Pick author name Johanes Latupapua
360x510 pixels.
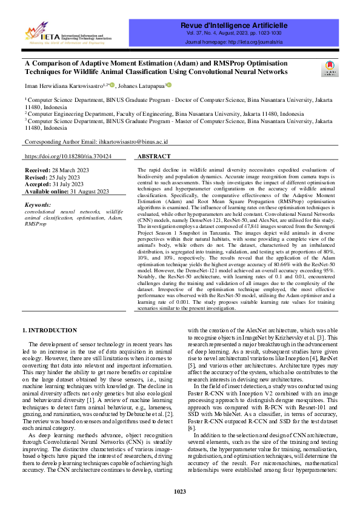pos(143,86)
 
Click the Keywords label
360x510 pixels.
pos(38,205)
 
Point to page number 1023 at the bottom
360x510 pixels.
pos(180,491)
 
